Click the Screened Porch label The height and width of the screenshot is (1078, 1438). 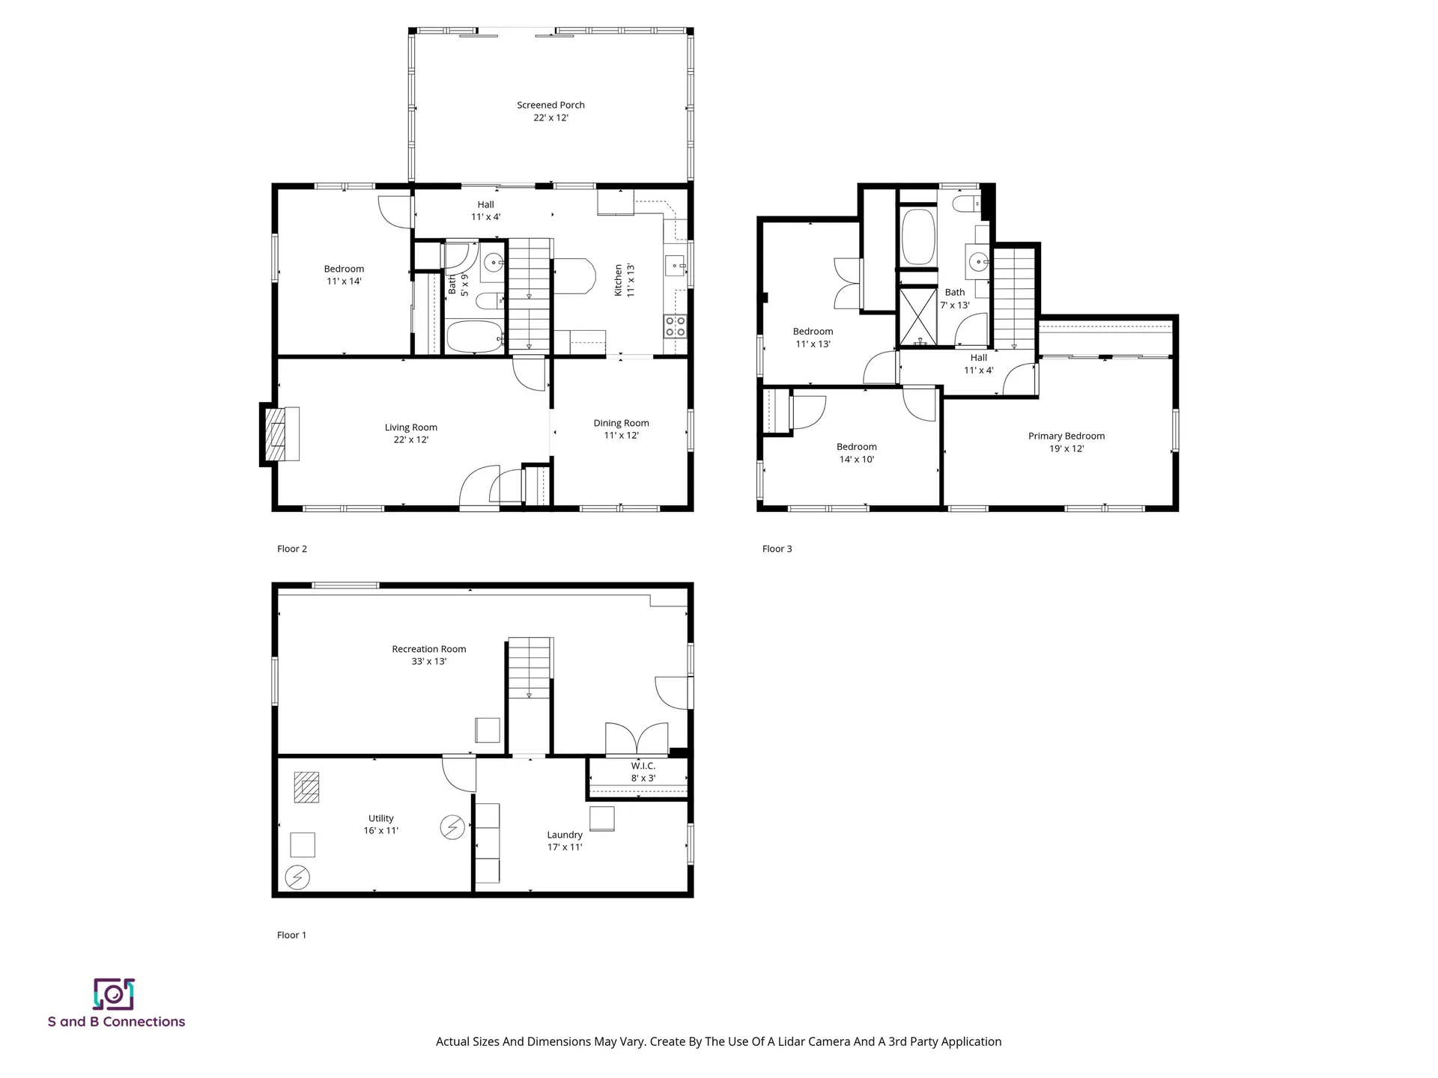pyautogui.click(x=550, y=106)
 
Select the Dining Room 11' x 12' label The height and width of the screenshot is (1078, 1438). pyautogui.click(x=621, y=429)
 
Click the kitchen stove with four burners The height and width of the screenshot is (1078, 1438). pyautogui.click(x=675, y=326)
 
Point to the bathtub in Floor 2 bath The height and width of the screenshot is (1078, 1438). pyautogui.click(x=475, y=337)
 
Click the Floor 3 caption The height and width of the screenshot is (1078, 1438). pyautogui.click(x=777, y=549)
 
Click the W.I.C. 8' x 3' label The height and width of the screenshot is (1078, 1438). pyautogui.click(x=643, y=772)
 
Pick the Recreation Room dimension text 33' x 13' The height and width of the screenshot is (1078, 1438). pyautogui.click(x=428, y=662)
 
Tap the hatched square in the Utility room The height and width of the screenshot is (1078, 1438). pyautogui.click(x=306, y=787)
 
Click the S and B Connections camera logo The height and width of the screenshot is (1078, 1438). pyautogui.click(x=114, y=994)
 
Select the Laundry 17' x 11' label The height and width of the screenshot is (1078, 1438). pyautogui.click(x=565, y=841)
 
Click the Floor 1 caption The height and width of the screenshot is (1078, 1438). pyautogui.click(x=291, y=935)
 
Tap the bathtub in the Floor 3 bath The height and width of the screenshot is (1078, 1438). pyautogui.click(x=917, y=237)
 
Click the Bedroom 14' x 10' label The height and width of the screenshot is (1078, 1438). pyautogui.click(x=856, y=453)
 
